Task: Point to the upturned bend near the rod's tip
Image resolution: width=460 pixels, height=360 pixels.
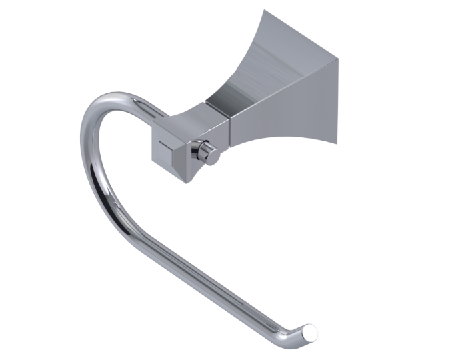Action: tap(299, 326)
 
